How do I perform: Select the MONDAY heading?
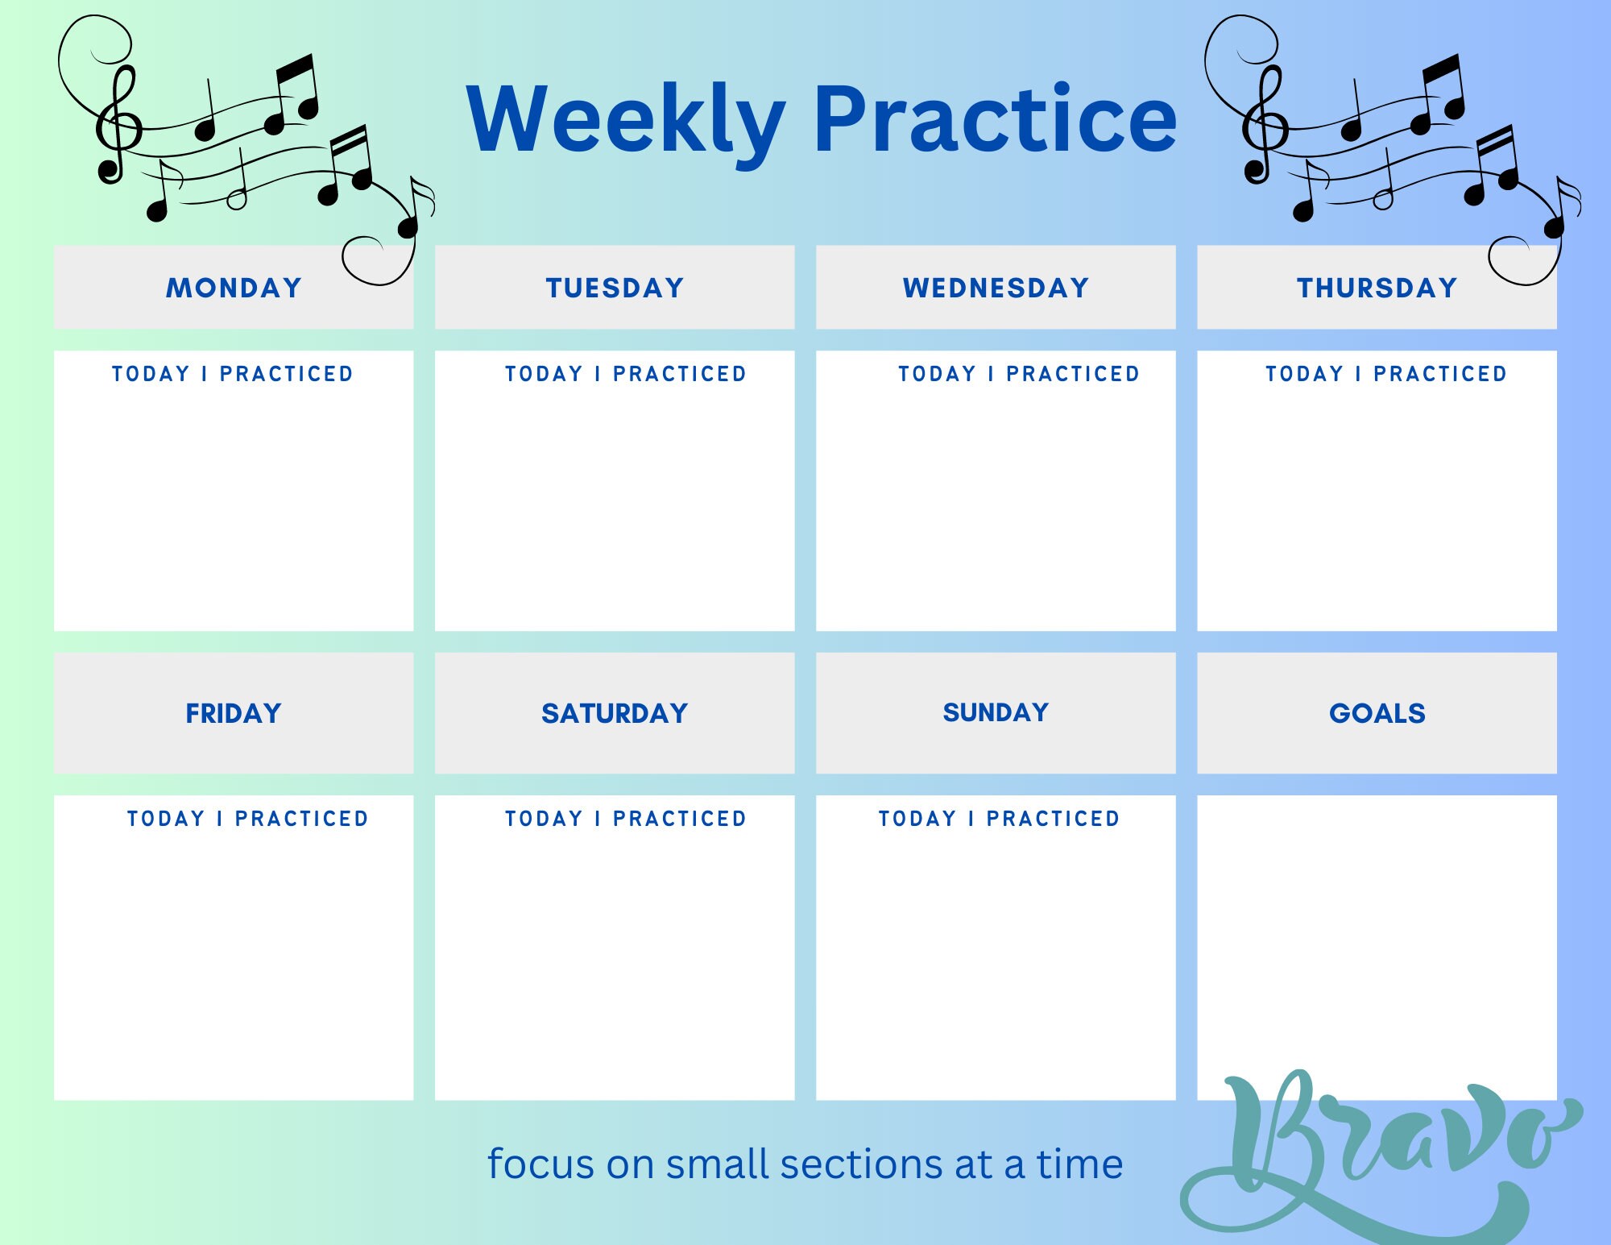[x=234, y=288]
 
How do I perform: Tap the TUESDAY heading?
[x=615, y=288]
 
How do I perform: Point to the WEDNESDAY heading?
[x=996, y=288]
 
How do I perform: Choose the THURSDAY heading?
[x=1377, y=288]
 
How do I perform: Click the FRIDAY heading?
[x=234, y=713]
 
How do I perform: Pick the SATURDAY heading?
[x=615, y=713]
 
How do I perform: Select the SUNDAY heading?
[x=996, y=712]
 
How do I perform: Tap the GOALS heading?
[x=1377, y=713]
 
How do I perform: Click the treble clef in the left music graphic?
[x=118, y=125]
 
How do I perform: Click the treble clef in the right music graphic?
[x=1264, y=125]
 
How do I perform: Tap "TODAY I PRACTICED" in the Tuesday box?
[x=626, y=374]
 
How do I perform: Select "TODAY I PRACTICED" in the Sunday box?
[x=999, y=819]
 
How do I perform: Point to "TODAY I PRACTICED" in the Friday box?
[x=248, y=819]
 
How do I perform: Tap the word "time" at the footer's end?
[x=1079, y=1164]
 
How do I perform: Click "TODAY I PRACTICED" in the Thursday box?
[x=1385, y=374]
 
